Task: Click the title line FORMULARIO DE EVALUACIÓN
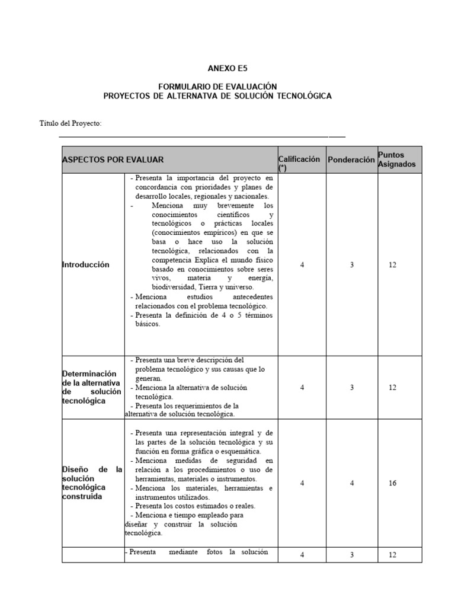[217, 87]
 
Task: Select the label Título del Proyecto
[70, 123]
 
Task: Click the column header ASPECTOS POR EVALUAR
[113, 160]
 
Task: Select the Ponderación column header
[351, 160]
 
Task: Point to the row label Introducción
[86, 265]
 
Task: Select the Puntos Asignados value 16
[392, 483]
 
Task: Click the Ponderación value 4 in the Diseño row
[351, 483]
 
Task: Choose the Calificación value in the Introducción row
[302, 265]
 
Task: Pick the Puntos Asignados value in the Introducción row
[392, 265]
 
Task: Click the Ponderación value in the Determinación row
[351, 387]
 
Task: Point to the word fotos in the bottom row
[217, 552]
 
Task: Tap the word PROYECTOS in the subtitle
[126, 95]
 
